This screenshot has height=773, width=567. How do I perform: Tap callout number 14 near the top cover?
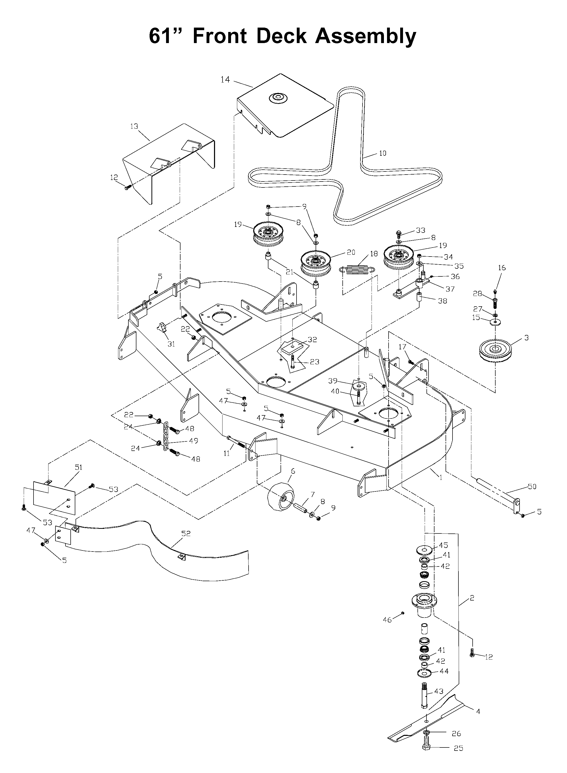225,80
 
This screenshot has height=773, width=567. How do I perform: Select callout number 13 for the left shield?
134,126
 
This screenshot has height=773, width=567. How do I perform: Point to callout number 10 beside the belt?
382,153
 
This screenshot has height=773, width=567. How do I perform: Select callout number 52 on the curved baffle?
186,533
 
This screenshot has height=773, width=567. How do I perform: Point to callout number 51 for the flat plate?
79,467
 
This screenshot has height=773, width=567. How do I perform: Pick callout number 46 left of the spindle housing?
387,620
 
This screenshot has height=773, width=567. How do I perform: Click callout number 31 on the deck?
171,344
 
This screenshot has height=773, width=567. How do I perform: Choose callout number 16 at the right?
502,267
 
